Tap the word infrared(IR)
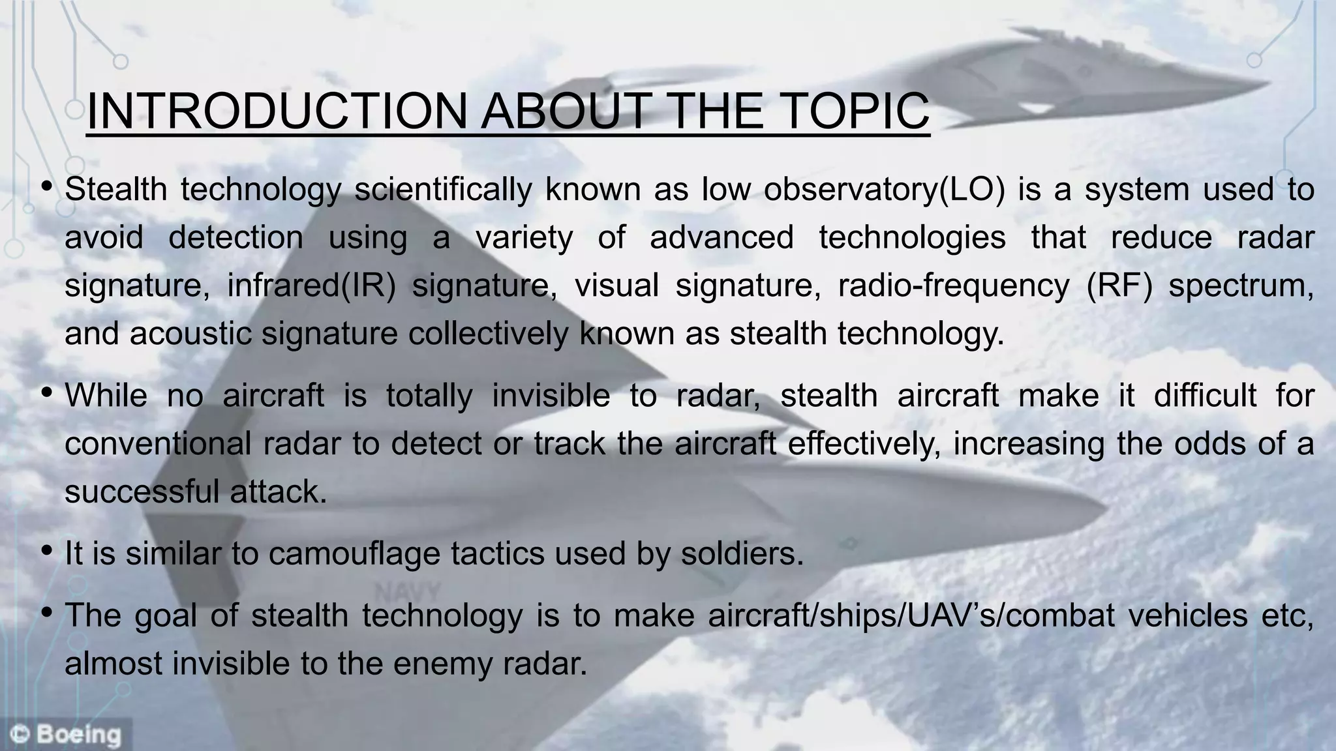pos(311,286)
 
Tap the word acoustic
pos(190,334)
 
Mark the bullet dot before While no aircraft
pos(46,393)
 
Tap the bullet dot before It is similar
pos(46,552)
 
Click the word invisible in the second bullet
pos(551,396)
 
